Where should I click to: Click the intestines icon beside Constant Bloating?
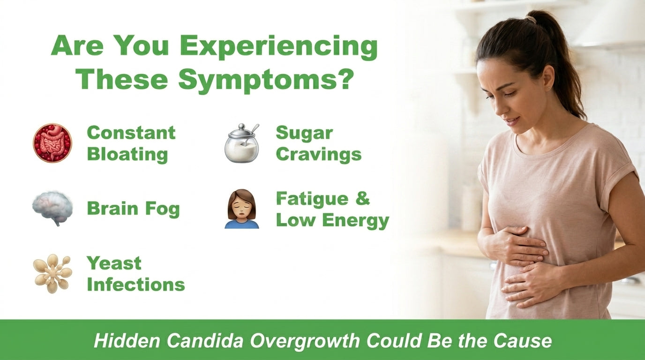click(52, 143)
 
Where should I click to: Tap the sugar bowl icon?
click(242, 143)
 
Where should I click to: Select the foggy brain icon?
click(52, 208)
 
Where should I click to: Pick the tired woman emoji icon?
click(242, 209)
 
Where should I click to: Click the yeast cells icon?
click(52, 274)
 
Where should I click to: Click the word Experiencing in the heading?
click(279, 47)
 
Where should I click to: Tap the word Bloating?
click(127, 154)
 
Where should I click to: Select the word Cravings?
click(318, 154)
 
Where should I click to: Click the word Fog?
click(162, 209)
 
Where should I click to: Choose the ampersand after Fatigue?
click(362, 198)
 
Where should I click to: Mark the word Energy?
click(356, 221)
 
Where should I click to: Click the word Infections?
click(135, 285)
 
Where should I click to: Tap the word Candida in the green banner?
click(205, 341)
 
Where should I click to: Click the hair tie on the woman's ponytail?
click(531, 20)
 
